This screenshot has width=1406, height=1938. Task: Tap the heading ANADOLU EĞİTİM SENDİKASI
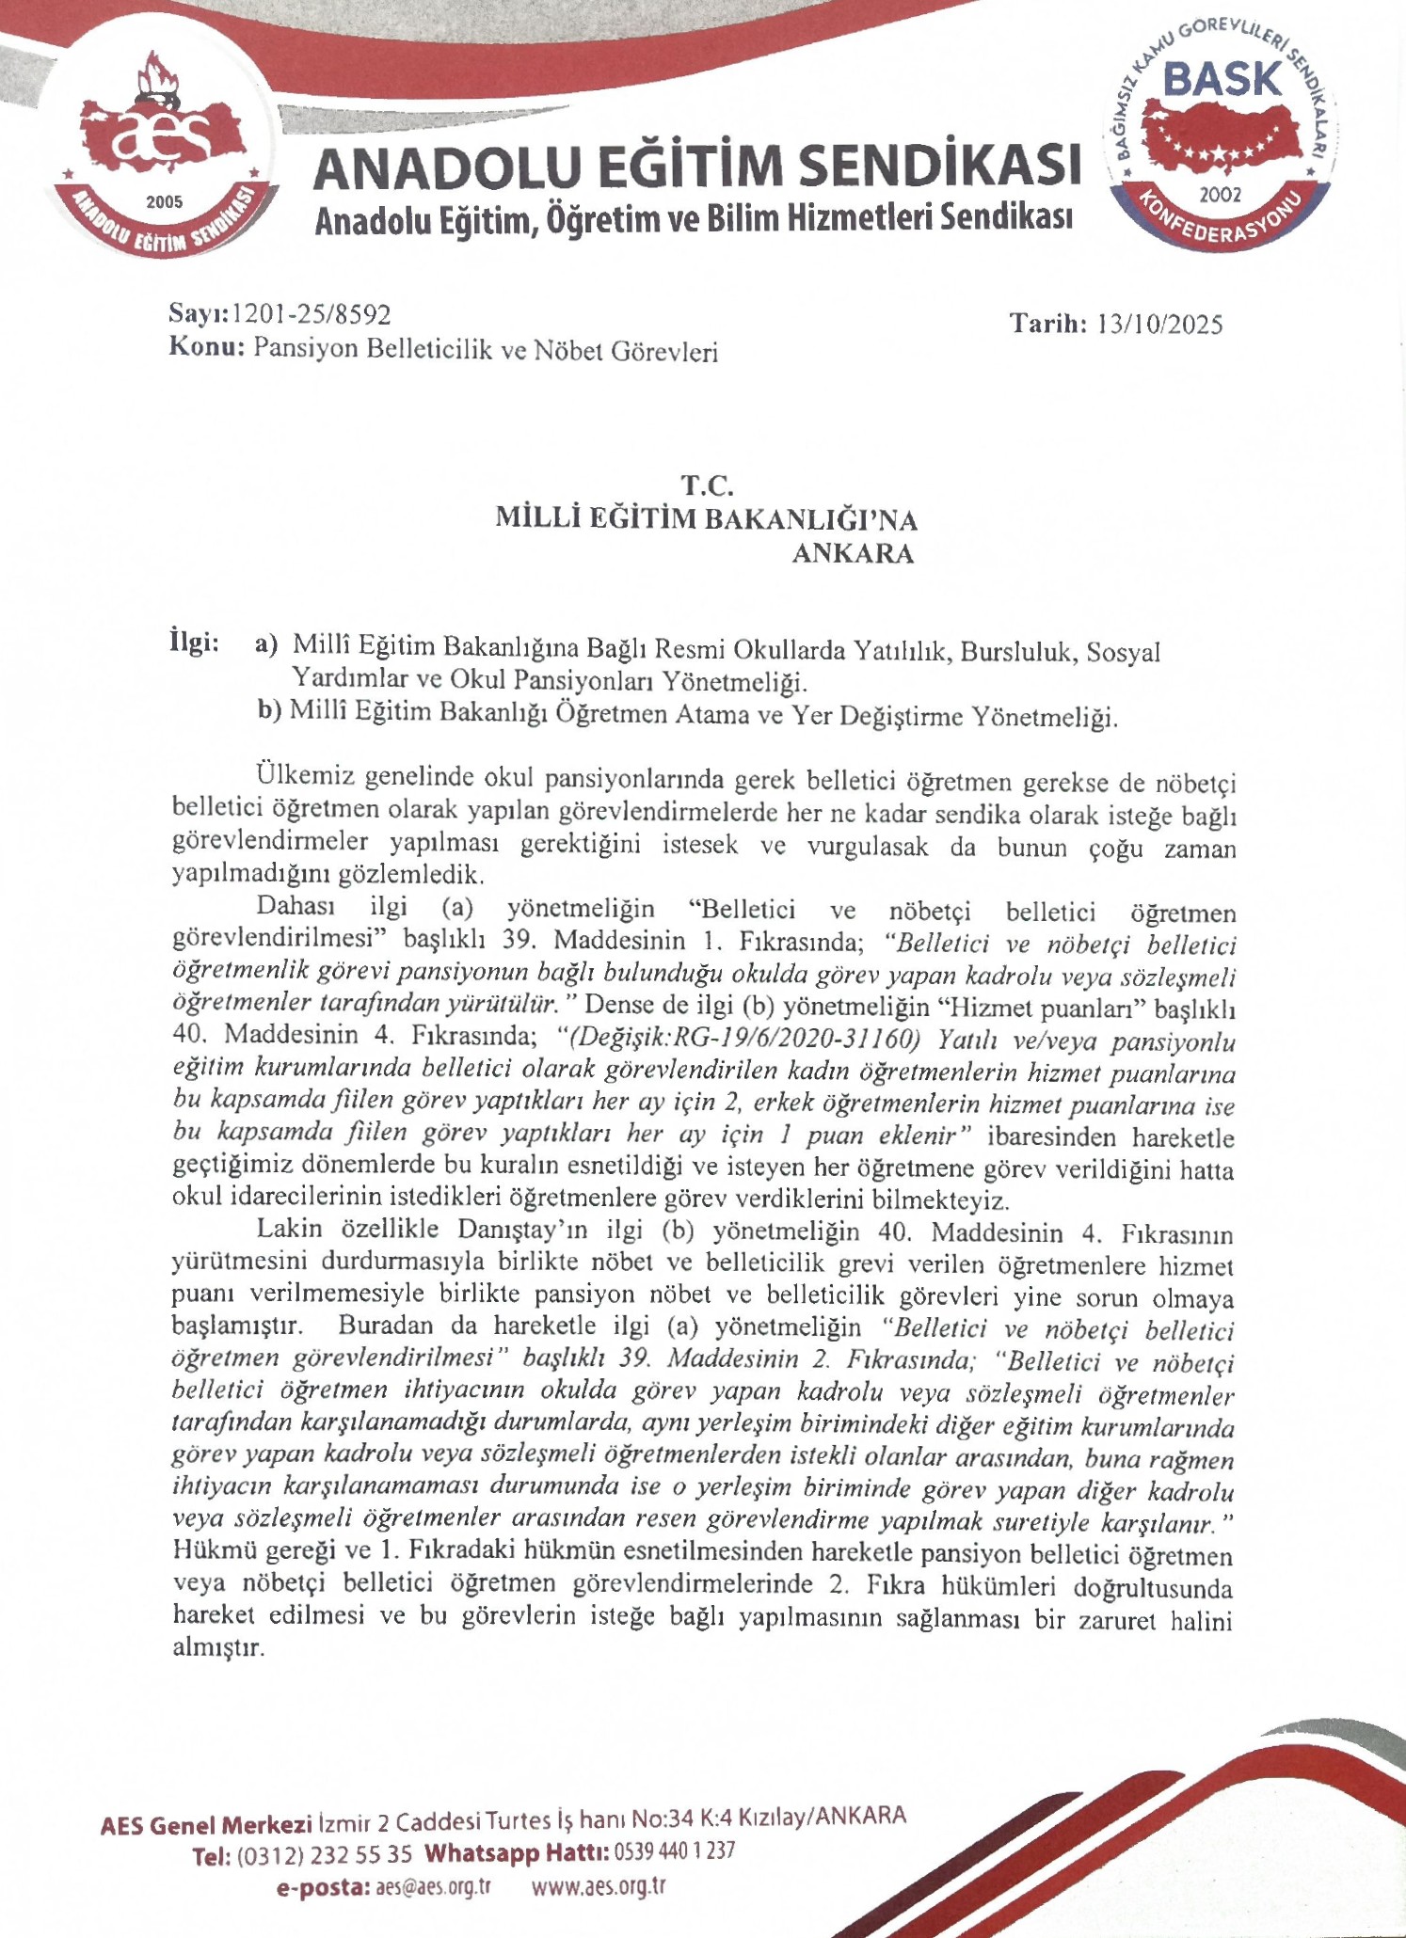point(696,167)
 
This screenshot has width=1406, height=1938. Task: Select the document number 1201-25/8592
point(311,314)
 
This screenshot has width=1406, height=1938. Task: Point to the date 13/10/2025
point(1159,326)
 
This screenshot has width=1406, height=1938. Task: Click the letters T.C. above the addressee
point(707,486)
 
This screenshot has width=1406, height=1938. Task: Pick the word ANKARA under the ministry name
point(853,554)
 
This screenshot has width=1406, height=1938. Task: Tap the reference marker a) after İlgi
point(267,644)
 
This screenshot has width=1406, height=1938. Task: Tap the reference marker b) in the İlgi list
point(270,710)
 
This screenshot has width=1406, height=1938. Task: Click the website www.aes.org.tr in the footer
point(599,1887)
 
